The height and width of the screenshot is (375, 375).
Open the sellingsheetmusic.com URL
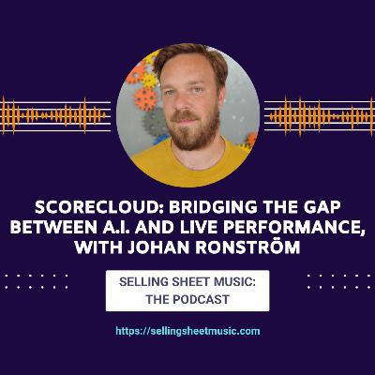tap(187, 331)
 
